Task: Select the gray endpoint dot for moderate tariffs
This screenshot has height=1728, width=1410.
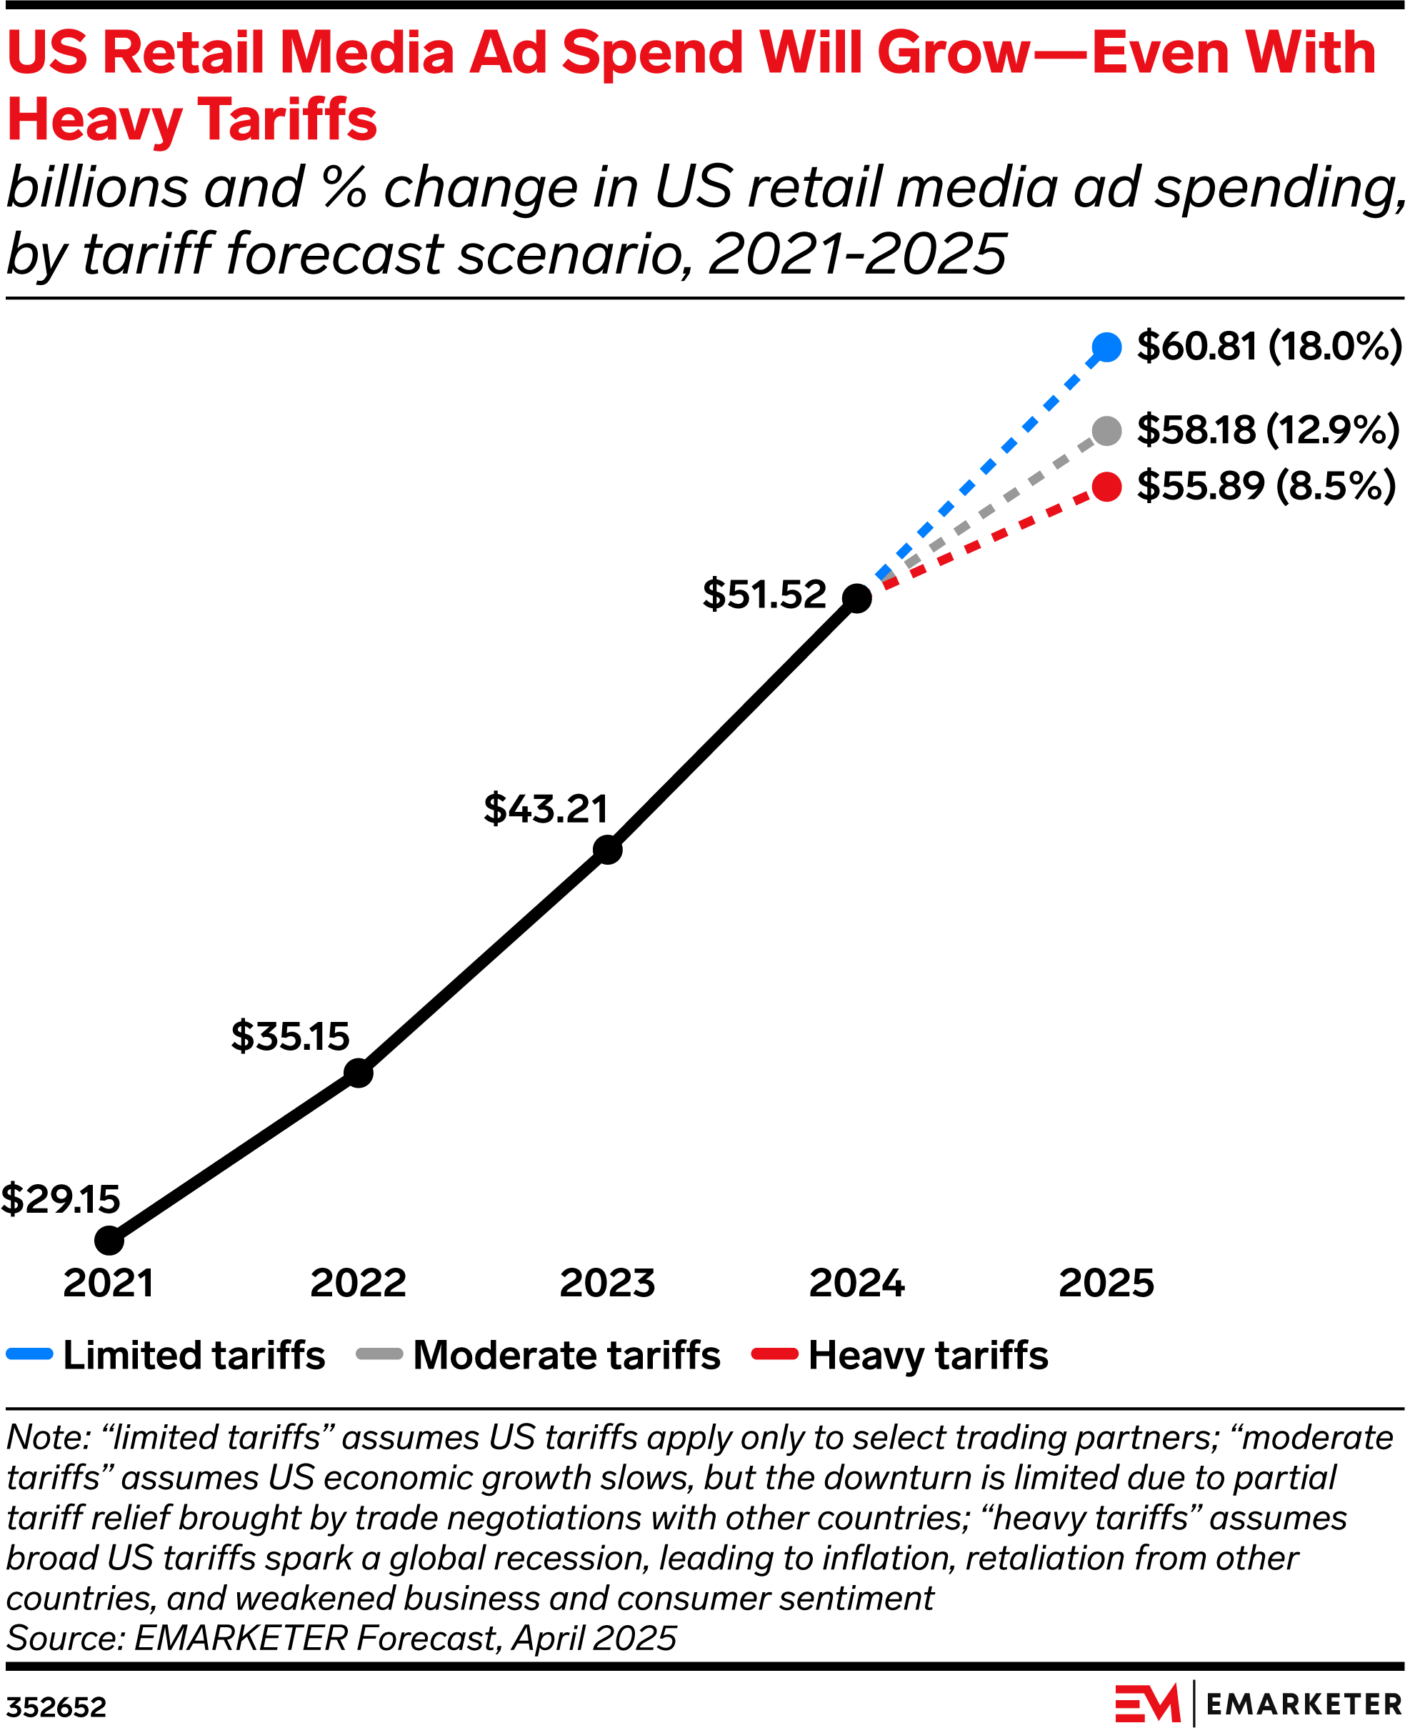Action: click(x=1106, y=431)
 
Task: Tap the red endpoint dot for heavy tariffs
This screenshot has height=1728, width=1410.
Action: click(x=1106, y=487)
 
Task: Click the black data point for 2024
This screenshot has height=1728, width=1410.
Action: click(x=857, y=599)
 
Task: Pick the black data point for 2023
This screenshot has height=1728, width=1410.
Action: click(x=608, y=850)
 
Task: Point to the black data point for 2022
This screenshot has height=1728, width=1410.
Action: click(x=358, y=1073)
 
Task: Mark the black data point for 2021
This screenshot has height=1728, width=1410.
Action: click(x=109, y=1241)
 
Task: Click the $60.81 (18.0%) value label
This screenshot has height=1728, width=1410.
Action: click(x=1269, y=347)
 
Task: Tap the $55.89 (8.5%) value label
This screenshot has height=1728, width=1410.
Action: click(x=1266, y=487)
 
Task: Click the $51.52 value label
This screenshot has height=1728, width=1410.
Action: click(x=764, y=595)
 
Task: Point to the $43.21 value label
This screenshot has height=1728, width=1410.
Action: click(x=546, y=809)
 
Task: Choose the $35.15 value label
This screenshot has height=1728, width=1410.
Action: click(x=290, y=1037)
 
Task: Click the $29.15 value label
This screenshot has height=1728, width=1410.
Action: click(x=60, y=1200)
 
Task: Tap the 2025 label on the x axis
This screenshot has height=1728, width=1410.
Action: click(x=1106, y=1283)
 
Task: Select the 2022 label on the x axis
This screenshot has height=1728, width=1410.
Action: click(x=358, y=1283)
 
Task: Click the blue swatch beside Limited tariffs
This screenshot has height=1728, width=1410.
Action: click(x=29, y=1354)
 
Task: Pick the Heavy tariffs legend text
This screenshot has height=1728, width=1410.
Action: click(x=928, y=1355)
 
